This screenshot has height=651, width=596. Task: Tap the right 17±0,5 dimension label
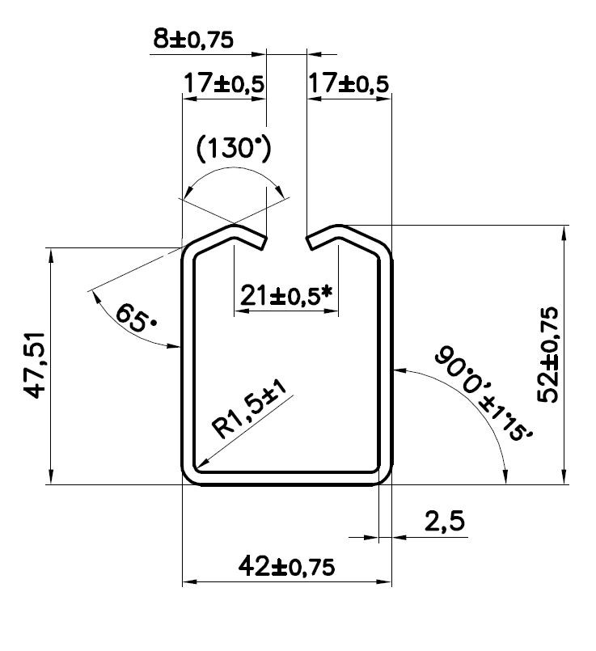pos(349,83)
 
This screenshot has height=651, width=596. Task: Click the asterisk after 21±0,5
pos(328,293)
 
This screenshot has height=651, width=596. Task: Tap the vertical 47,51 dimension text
pos(34,366)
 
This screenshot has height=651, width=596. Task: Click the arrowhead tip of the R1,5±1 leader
pos(195,469)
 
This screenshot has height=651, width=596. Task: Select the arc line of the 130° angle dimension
pos(235,171)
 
